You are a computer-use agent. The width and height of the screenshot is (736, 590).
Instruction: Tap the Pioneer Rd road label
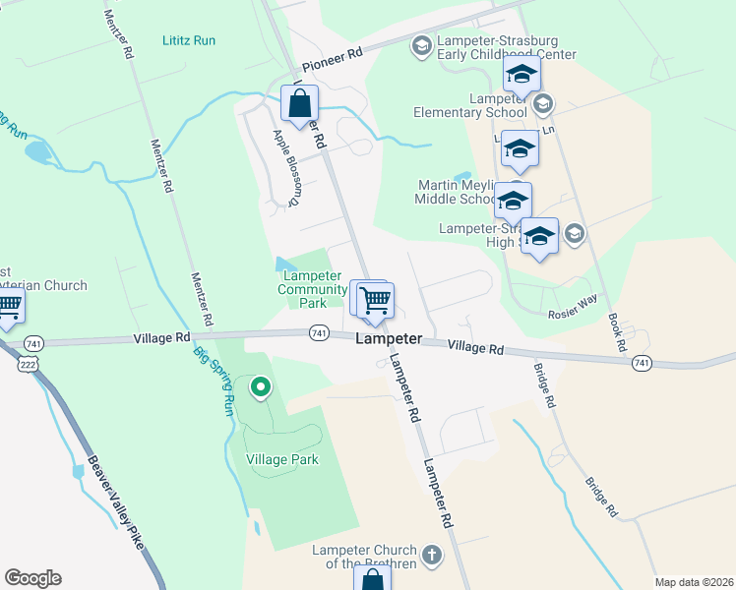pyautogui.click(x=333, y=60)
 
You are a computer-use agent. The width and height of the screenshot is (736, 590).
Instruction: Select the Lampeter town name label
pyautogui.click(x=388, y=338)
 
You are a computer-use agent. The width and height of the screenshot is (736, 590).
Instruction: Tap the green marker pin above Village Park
pyautogui.click(x=261, y=388)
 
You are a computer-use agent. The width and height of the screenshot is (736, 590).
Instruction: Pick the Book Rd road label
pyautogui.click(x=617, y=332)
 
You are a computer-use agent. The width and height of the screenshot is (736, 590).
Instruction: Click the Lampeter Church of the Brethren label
pyautogui.click(x=363, y=558)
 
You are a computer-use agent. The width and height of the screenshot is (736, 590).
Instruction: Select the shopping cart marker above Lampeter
pyautogui.click(x=375, y=300)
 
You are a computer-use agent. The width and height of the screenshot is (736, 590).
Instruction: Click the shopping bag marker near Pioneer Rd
pyautogui.click(x=299, y=102)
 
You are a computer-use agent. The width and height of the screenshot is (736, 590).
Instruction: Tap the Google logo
pyautogui.click(x=33, y=578)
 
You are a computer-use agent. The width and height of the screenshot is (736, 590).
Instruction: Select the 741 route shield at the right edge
pyautogui.click(x=642, y=363)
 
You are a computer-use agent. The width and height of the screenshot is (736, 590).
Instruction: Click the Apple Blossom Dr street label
pyautogui.click(x=284, y=168)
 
